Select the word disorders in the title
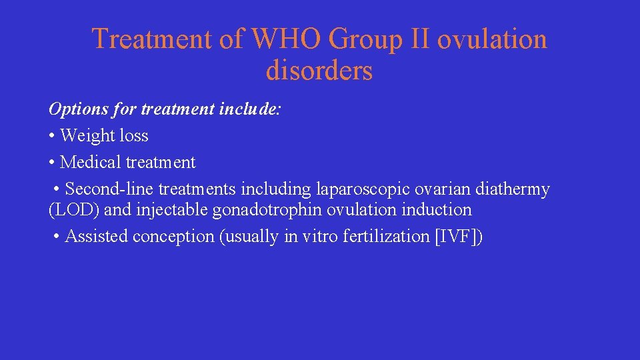pos(319,70)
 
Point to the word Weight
pos(87,135)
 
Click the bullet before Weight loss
pos(52,136)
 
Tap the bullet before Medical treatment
pos(52,163)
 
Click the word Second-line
pos(110,189)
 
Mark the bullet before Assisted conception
pos(57,237)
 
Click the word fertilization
pos(386,236)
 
